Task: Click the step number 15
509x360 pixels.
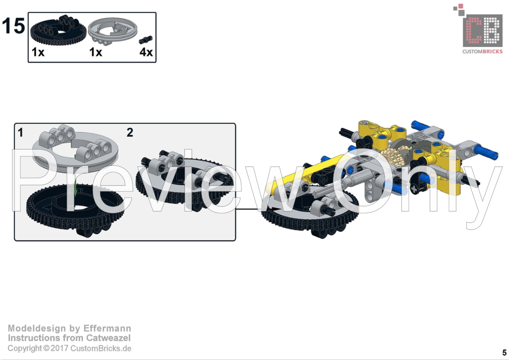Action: (13, 26)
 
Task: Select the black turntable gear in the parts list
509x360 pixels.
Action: (59, 31)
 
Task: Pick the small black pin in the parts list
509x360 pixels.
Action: (146, 40)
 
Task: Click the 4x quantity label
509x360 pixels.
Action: (146, 52)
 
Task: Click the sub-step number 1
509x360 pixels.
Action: (21, 133)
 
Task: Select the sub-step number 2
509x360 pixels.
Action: (130, 133)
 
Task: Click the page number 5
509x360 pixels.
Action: (504, 353)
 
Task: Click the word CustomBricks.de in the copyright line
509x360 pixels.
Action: (100, 348)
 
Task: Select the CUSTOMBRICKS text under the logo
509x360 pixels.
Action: (483, 51)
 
